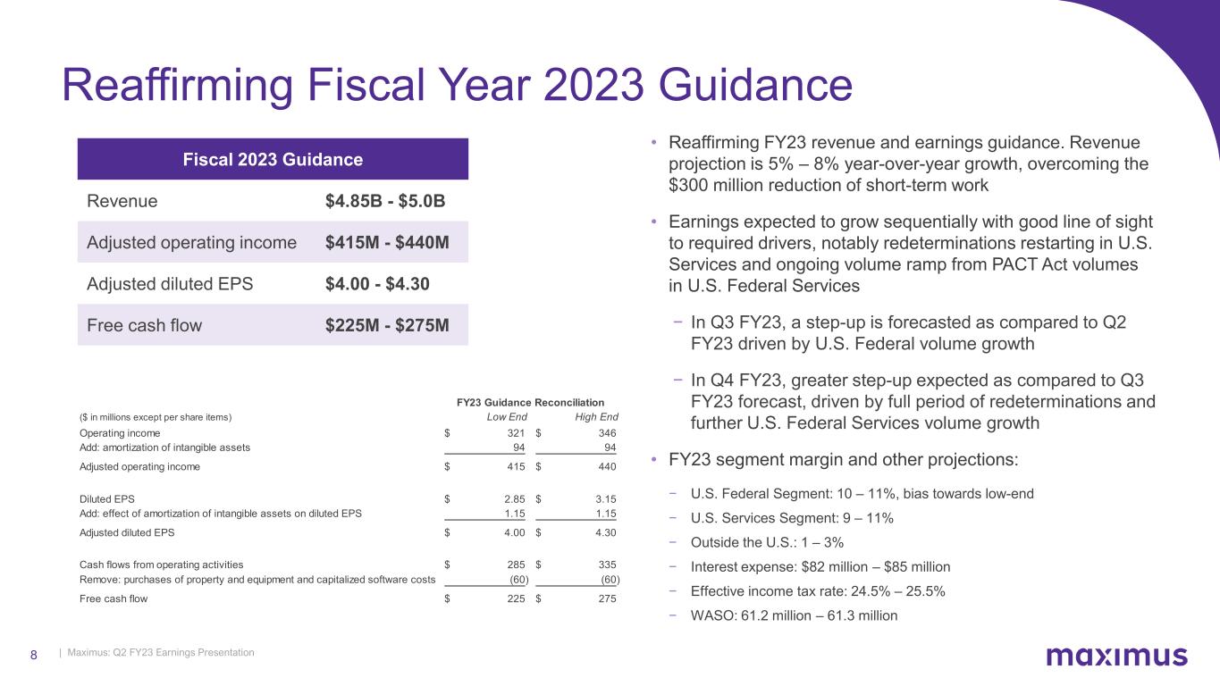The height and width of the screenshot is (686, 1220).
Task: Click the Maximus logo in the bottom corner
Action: click(x=1116, y=657)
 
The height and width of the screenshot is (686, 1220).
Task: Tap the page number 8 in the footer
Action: click(x=34, y=655)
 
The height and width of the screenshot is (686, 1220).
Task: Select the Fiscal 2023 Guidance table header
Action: click(x=273, y=160)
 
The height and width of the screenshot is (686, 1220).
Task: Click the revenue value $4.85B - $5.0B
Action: click(x=385, y=201)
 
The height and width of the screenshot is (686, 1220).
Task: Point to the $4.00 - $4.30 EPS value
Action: click(x=378, y=284)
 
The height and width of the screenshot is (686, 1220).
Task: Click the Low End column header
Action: click(x=507, y=417)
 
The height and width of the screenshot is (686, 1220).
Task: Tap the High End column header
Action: click(x=595, y=417)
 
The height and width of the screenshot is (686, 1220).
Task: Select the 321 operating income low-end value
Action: click(x=515, y=433)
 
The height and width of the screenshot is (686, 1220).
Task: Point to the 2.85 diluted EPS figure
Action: click(x=513, y=498)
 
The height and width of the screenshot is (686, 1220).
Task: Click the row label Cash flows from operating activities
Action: click(x=162, y=565)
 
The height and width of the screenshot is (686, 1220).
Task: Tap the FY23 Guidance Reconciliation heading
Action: click(x=530, y=402)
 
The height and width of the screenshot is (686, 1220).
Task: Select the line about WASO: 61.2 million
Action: click(x=794, y=615)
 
